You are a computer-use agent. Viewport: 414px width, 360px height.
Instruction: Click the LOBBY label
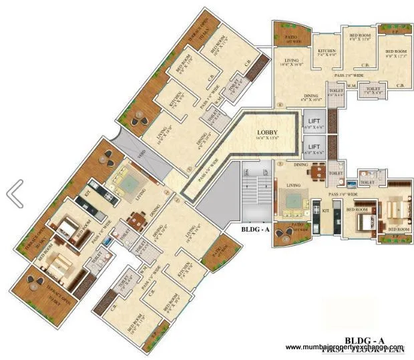[263, 132]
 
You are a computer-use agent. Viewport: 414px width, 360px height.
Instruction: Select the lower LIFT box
[313, 147]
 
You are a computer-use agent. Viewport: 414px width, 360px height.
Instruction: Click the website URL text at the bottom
[345, 347]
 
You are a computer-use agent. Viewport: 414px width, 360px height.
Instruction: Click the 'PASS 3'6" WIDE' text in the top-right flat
[349, 77]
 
